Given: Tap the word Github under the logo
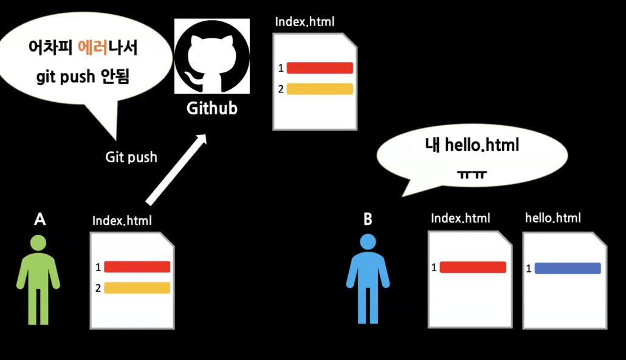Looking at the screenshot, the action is click(212, 109).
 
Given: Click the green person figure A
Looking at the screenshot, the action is click(38, 279).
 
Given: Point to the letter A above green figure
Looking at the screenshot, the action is click(40, 220).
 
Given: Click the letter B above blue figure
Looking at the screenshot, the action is click(368, 220).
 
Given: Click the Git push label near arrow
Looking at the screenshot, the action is click(131, 157).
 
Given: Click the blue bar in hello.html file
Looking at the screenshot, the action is click(568, 268).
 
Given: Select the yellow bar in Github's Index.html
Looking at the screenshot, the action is click(320, 89).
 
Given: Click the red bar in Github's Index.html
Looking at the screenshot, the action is click(320, 67).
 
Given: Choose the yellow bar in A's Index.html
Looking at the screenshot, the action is click(137, 288).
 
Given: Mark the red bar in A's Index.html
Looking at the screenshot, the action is click(137, 266).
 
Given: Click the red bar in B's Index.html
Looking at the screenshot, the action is click(473, 267).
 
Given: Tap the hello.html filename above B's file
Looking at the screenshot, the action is click(552, 218).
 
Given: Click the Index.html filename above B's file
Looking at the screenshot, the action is click(460, 218).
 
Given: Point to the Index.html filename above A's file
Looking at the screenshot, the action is click(122, 221).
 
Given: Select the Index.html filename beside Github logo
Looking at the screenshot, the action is click(304, 22).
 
